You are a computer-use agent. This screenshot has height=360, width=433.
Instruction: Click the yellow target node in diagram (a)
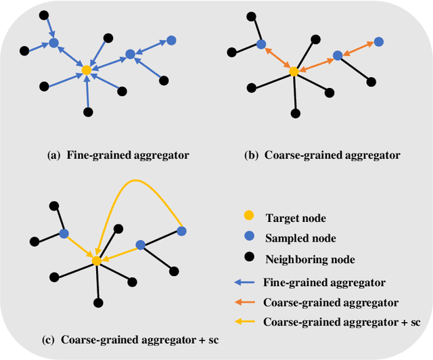86,70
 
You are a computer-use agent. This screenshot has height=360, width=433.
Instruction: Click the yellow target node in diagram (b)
294,71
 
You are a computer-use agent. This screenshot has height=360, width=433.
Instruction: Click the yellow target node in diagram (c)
97,261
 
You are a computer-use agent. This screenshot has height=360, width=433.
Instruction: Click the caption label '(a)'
53,155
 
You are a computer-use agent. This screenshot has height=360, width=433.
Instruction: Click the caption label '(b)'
251,155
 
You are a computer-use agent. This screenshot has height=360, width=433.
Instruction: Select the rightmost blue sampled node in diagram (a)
171,41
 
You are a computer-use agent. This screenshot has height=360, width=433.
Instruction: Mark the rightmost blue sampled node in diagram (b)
379,42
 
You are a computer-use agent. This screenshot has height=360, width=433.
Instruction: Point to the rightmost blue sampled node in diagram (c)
181,231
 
